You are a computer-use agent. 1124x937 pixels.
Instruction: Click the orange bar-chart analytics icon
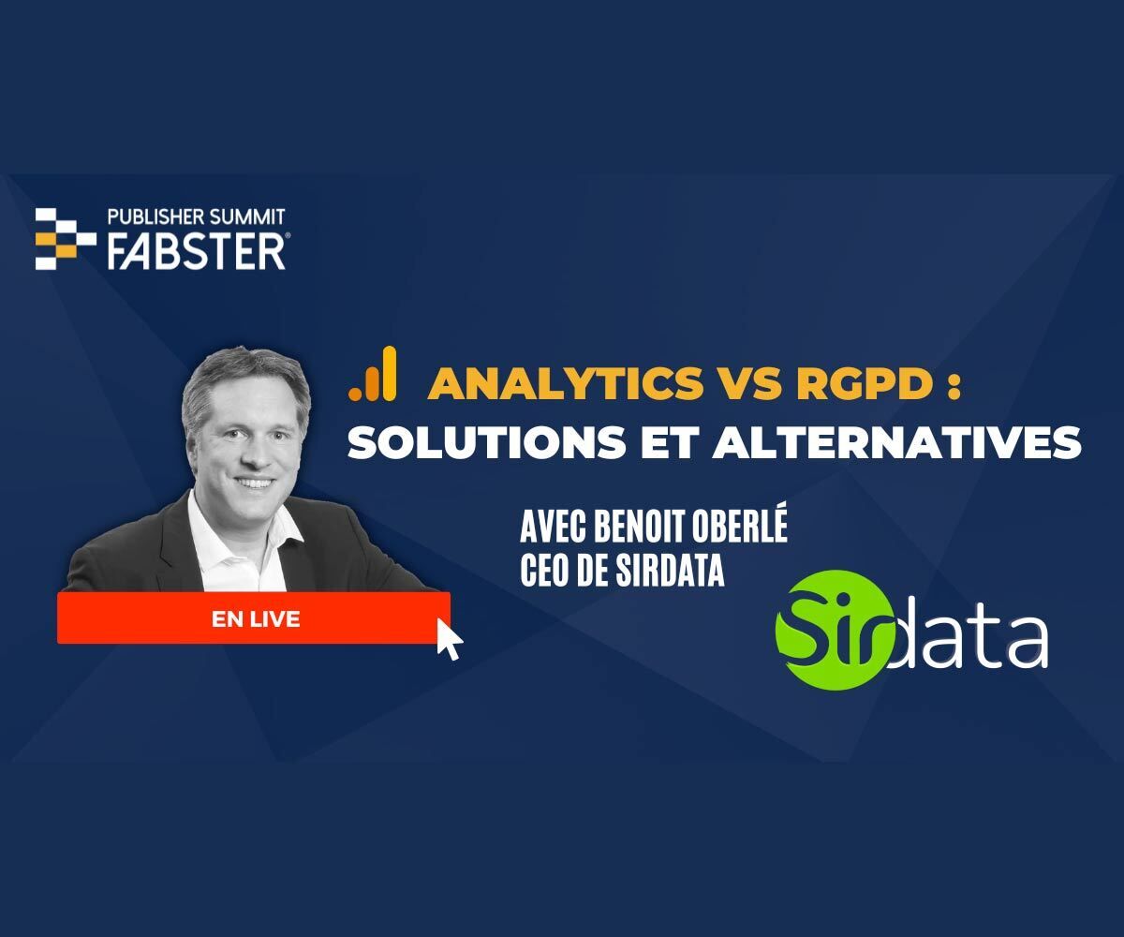[x=373, y=374]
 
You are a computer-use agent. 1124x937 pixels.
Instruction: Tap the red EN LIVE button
[x=254, y=618]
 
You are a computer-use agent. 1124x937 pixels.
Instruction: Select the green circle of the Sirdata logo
[x=826, y=631]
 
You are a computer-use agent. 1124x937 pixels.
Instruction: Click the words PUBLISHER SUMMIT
[x=196, y=217]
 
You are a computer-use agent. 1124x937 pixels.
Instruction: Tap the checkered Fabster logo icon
[x=65, y=239]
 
